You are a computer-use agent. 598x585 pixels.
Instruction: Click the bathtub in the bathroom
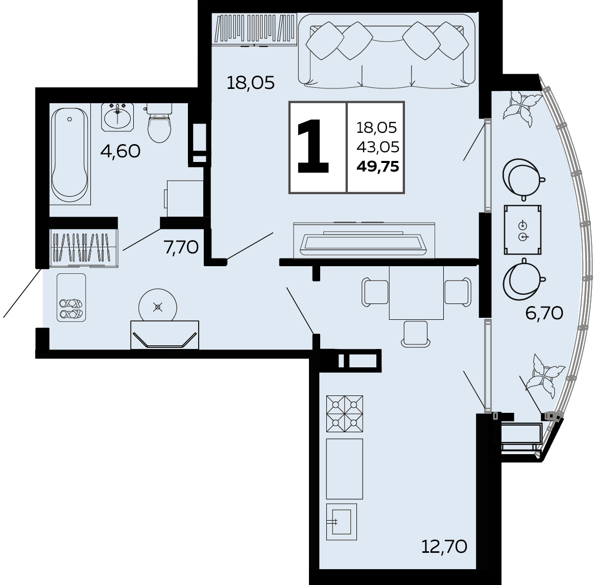click(70, 154)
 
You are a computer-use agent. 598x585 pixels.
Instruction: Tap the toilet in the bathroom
click(159, 123)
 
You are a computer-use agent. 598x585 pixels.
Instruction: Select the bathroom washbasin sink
click(117, 117)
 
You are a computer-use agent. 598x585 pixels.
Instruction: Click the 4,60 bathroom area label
click(120, 152)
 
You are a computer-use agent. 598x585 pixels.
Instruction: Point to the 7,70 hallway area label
click(181, 248)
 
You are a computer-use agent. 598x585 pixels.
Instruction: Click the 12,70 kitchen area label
click(444, 547)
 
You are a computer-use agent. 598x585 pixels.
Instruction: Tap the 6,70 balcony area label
click(544, 313)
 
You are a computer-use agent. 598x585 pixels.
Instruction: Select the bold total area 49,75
click(378, 167)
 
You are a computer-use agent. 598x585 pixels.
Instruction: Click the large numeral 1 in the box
click(313, 147)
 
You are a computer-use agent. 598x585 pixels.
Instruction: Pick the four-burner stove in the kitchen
click(345, 414)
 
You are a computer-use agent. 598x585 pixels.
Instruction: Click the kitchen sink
click(341, 522)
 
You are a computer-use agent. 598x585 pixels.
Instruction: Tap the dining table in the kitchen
click(416, 293)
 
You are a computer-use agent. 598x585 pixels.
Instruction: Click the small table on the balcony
click(522, 230)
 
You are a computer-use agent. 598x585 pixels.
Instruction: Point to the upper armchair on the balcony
click(523, 179)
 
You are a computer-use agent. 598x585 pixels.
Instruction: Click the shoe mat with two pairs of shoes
click(71, 298)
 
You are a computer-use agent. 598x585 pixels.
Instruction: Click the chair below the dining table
click(416, 334)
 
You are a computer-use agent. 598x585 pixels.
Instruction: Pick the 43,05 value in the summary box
click(377, 147)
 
